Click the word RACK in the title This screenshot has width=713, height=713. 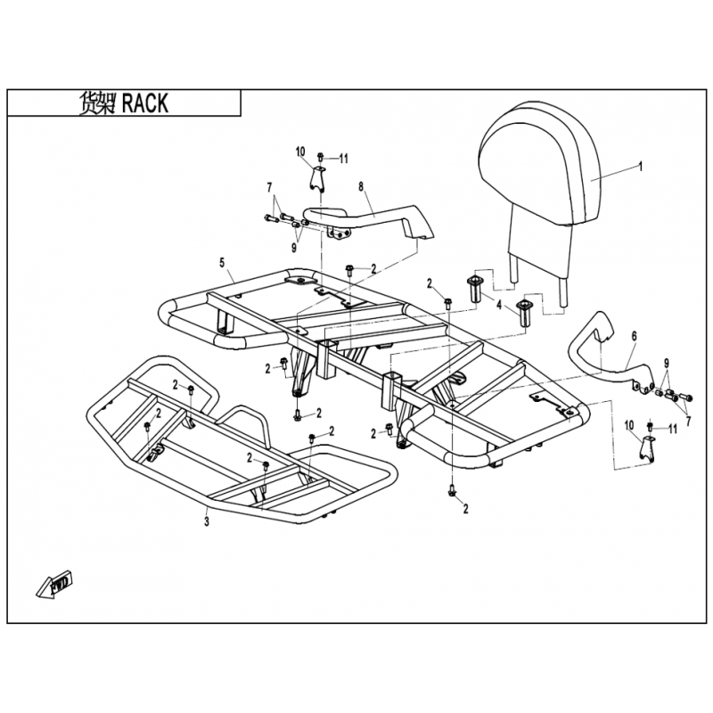(143, 102)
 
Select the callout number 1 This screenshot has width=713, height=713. (640, 167)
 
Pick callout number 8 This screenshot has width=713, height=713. (361, 186)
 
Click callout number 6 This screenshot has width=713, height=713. (634, 336)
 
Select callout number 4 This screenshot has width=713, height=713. (500, 306)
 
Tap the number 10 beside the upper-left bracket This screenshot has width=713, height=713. (300, 152)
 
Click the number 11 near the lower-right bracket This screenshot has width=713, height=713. (673, 429)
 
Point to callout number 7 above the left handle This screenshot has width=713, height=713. (267, 186)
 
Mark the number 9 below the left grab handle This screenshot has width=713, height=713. (293, 247)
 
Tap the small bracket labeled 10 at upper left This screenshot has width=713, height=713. (316, 178)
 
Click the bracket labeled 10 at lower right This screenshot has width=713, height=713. (649, 450)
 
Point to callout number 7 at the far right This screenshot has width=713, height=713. (687, 407)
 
